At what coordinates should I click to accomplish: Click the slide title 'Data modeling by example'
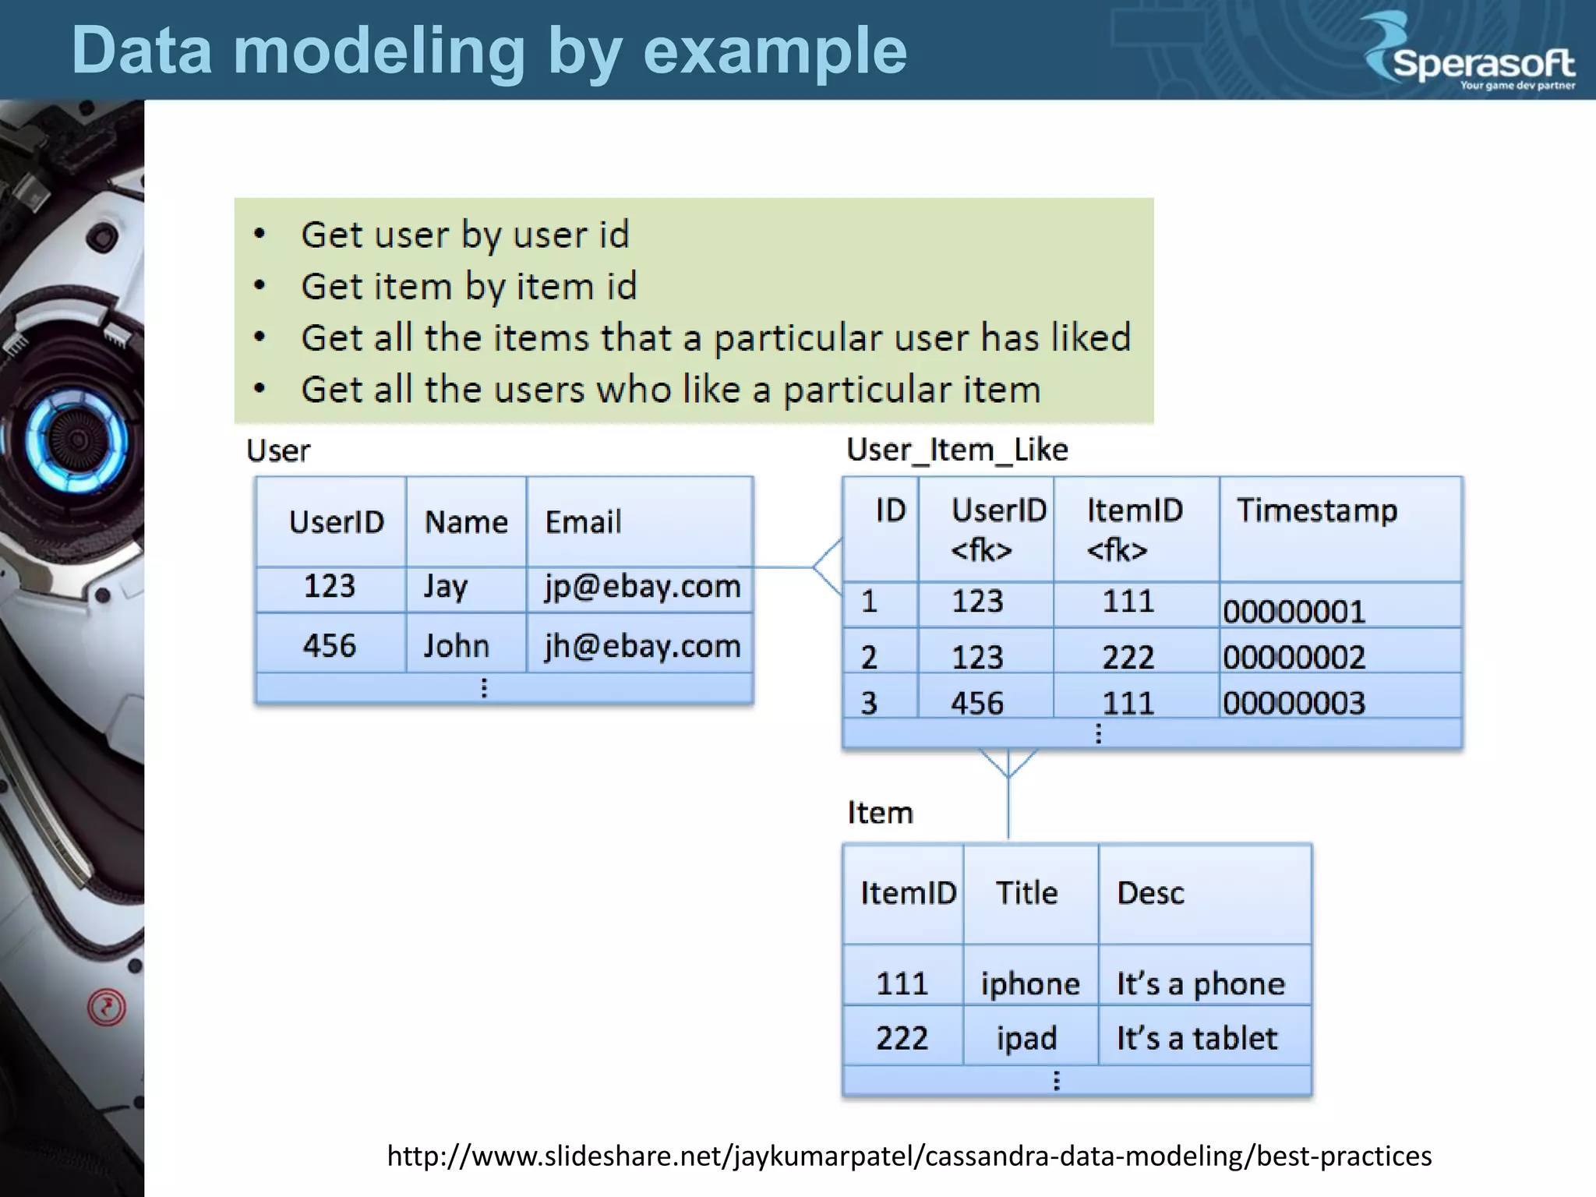(x=489, y=51)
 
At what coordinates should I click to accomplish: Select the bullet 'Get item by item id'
(x=468, y=286)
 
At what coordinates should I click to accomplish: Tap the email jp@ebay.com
(x=642, y=587)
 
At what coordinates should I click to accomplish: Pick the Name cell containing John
(x=457, y=646)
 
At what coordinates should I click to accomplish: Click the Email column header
(x=583, y=521)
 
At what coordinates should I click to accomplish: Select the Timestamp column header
(x=1316, y=510)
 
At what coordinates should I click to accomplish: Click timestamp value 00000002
(x=1294, y=657)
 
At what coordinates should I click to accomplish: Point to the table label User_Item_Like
(x=957, y=450)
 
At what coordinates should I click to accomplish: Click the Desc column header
(x=1150, y=893)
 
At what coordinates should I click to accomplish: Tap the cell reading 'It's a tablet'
(x=1196, y=1038)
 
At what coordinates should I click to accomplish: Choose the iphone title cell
(x=1029, y=983)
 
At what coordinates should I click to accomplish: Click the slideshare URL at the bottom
(x=909, y=1156)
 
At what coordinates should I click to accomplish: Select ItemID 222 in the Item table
(x=902, y=1038)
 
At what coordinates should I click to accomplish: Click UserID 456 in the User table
(x=330, y=646)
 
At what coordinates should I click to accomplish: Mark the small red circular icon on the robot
(x=107, y=1007)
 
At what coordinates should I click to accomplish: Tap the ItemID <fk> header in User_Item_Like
(x=1134, y=529)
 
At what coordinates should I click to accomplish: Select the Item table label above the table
(x=880, y=813)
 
